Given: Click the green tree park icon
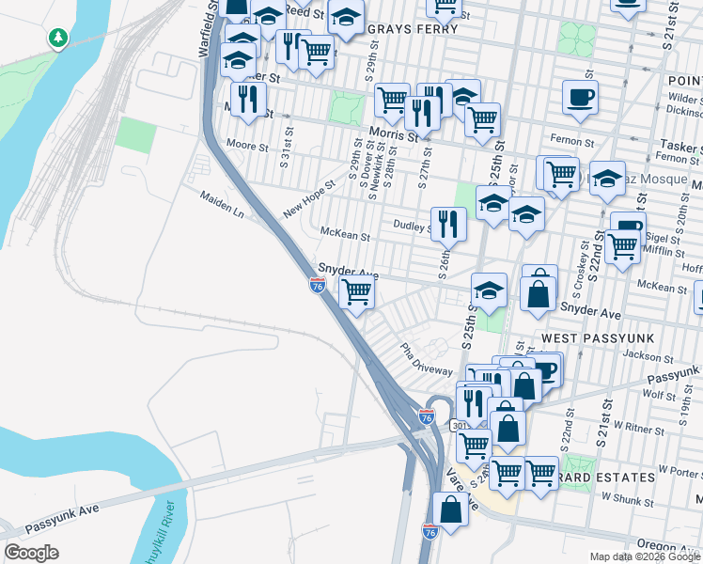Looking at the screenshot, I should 58,39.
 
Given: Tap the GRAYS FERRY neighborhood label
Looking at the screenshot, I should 412,29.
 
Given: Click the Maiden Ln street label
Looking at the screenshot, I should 222,206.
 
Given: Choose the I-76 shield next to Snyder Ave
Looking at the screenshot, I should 318,285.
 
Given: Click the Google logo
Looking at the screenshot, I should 31,553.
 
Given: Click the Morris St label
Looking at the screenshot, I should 393,136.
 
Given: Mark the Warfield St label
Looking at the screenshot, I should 207,29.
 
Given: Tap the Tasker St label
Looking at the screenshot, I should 680,149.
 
